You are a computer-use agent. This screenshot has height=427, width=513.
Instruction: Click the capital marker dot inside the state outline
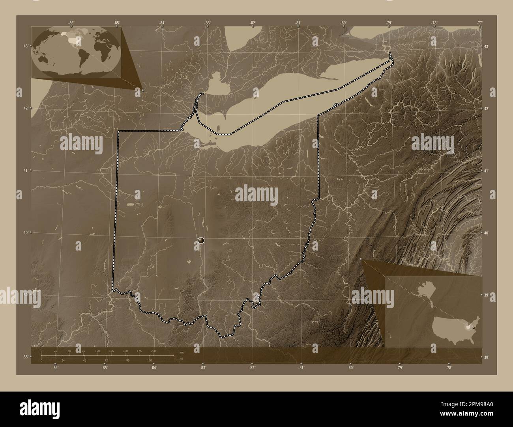point(201,240)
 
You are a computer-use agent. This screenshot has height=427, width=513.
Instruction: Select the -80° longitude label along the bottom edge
point(350,368)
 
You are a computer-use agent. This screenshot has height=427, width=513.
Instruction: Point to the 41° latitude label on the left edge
point(25,170)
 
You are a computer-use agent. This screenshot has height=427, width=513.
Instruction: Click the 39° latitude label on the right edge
point(486,295)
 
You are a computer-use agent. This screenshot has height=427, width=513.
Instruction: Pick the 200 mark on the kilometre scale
point(153,351)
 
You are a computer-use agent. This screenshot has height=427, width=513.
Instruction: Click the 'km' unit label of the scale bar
point(181,353)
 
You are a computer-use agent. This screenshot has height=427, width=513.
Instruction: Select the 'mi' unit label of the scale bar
point(181,359)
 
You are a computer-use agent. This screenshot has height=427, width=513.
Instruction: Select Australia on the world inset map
point(47,61)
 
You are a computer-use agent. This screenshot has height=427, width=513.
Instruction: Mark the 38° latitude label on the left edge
point(25,357)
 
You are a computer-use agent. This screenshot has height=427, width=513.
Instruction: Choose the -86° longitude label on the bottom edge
point(55,368)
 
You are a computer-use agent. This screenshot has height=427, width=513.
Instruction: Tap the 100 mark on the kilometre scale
point(97,351)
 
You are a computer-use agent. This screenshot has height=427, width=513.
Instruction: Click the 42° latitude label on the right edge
point(486,108)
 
